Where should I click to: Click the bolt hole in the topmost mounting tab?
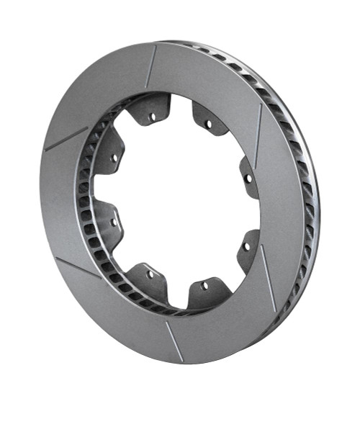[152, 116]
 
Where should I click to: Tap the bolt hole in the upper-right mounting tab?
[208, 124]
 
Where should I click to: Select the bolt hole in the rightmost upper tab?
[247, 177]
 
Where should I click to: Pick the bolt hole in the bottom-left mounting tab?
[150, 274]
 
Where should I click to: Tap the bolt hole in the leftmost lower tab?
[113, 222]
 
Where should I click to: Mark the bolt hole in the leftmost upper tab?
[114, 157]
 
